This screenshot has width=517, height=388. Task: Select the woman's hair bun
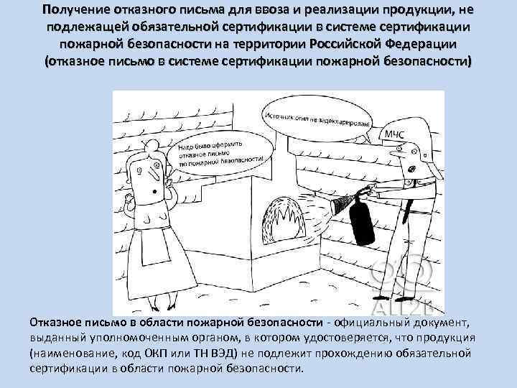coord(153,144)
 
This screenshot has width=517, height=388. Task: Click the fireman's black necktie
coord(408,208)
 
